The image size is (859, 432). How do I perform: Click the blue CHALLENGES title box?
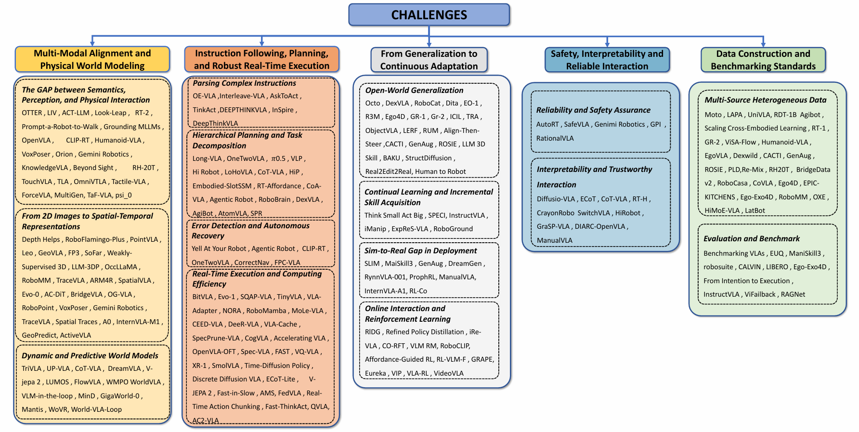tap(429, 15)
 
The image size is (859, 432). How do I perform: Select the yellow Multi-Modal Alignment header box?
tap(92, 59)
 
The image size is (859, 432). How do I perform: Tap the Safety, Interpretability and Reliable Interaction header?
tap(607, 60)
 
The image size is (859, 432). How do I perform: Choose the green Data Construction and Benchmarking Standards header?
tap(763, 60)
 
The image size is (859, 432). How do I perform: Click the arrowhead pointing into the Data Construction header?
tap(763, 44)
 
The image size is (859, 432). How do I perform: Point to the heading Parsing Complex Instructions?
tap(244, 83)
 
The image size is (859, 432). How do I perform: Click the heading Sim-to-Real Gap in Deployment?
tap(420, 250)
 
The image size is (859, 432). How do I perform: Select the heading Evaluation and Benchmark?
tap(751, 238)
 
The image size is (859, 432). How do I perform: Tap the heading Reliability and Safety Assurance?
tap(593, 110)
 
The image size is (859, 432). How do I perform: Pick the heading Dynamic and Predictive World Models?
tap(90, 355)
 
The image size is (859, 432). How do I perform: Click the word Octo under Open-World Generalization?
tap(372, 103)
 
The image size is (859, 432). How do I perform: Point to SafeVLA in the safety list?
tap(576, 124)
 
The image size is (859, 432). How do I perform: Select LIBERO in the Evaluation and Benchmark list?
tap(777, 267)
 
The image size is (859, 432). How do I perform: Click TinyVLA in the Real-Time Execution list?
tap(289, 297)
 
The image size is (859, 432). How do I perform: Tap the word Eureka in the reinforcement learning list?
tap(375, 373)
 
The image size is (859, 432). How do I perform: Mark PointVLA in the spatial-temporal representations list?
tap(144, 239)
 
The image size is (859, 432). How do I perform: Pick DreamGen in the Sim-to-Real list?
tap(465, 263)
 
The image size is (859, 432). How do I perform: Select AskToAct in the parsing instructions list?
tap(284, 96)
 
